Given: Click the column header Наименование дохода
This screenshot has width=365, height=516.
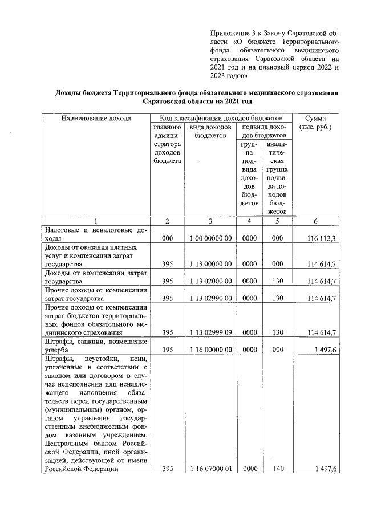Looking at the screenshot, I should tap(96, 118).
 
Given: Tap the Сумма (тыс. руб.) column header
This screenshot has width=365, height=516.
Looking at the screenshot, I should tap(315, 123).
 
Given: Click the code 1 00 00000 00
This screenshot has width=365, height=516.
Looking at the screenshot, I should tap(210, 239).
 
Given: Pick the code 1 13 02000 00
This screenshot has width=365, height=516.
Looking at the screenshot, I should tap(210, 281).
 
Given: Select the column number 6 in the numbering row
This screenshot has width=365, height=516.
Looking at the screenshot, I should tap(315, 221).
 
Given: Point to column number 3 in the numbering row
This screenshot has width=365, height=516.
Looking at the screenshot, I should tap(210, 221).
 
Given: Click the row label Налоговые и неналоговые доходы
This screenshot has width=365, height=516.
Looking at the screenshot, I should tap(96, 235).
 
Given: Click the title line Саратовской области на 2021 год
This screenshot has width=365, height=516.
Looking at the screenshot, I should tap(197, 101).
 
